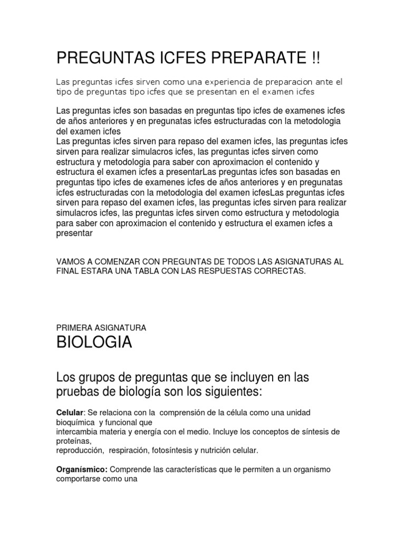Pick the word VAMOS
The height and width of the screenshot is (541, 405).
pos(71,262)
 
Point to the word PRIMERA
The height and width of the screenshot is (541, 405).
pos(73,328)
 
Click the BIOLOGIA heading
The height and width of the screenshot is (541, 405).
pos(94,343)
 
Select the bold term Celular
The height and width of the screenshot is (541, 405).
pos(70,412)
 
